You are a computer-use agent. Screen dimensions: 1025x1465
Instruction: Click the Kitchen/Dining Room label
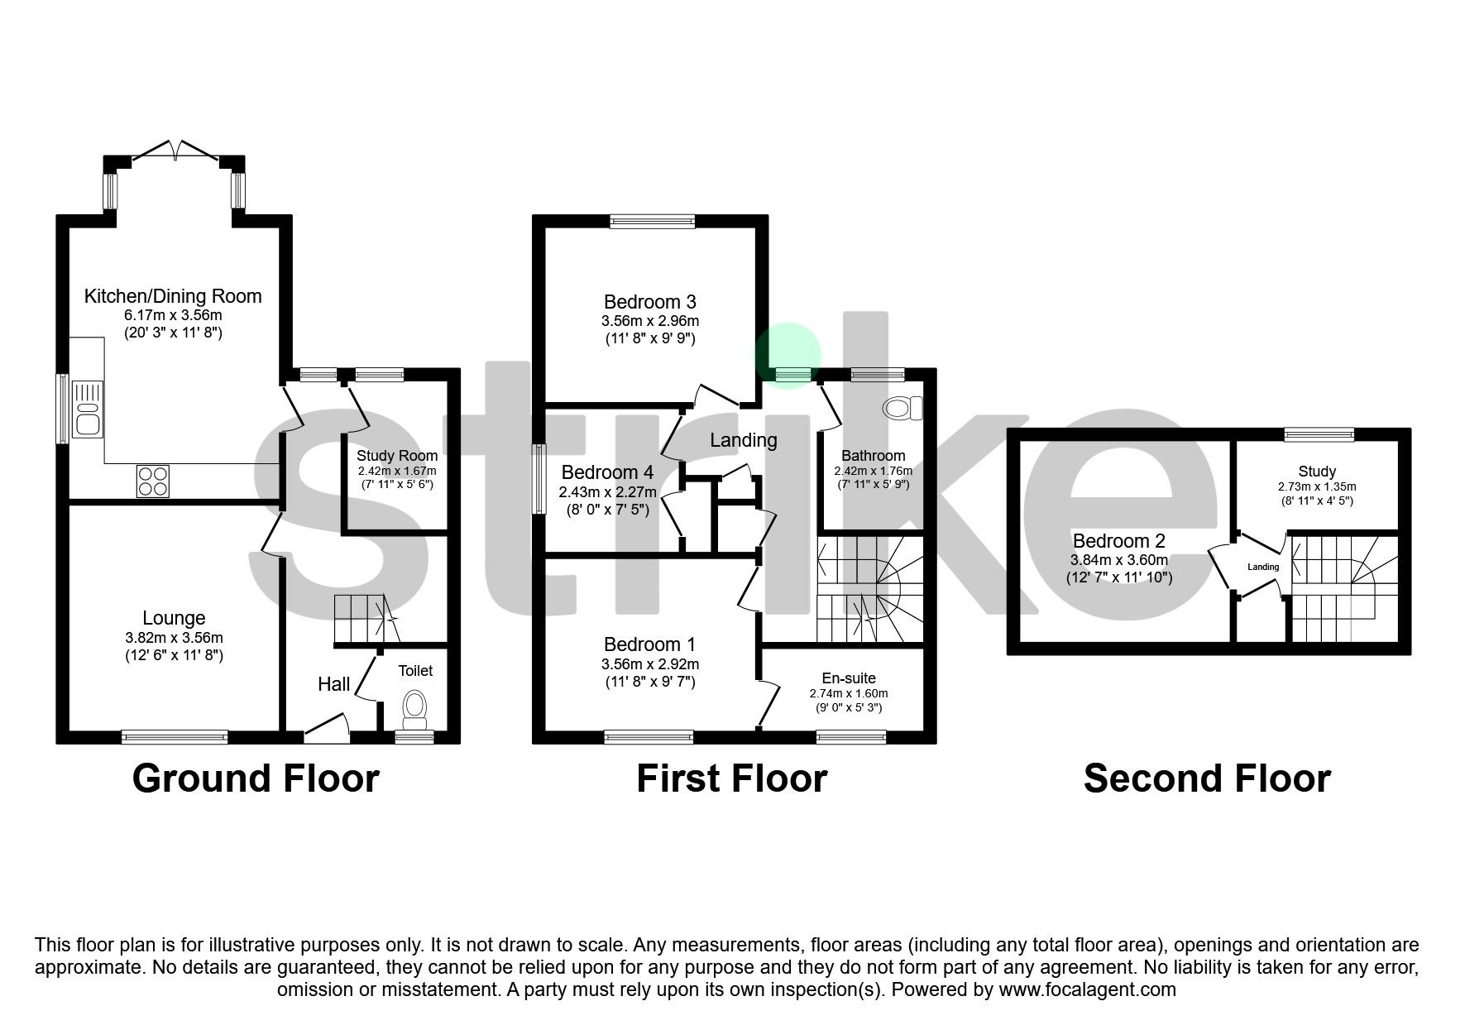[173, 296]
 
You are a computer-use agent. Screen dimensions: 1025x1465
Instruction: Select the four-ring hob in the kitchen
[151, 481]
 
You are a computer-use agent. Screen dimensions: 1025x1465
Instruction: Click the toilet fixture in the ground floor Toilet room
[414, 707]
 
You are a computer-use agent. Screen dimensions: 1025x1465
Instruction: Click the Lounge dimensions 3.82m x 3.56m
[174, 638]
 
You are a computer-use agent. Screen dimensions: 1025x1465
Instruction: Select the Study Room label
[397, 456]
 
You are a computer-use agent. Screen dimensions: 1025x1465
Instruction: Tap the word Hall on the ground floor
[334, 684]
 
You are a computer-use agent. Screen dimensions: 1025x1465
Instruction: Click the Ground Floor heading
[256, 778]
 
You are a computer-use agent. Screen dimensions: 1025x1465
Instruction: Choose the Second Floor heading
[1207, 778]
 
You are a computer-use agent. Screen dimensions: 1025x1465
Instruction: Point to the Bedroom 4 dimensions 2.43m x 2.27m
[607, 492]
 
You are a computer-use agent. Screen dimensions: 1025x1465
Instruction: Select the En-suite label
[848, 678]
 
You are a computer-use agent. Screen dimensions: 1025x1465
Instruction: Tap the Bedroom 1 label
[649, 644]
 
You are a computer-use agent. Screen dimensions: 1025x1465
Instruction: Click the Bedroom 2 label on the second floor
[1118, 541]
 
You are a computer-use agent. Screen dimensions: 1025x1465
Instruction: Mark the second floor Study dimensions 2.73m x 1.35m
[1317, 487]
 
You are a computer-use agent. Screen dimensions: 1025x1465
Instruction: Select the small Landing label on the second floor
[1263, 567]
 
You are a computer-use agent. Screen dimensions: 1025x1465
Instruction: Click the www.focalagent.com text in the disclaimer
[1087, 989]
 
